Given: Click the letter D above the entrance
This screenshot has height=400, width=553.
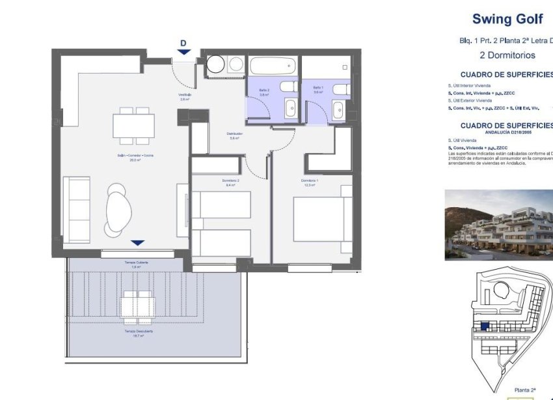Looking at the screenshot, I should [183, 44].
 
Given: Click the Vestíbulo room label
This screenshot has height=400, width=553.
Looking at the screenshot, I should [185, 97].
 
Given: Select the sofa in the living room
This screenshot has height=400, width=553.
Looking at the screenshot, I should [76, 208].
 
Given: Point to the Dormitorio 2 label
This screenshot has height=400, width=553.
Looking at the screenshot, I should [230, 182].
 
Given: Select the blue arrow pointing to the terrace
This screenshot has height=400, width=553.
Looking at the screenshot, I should [137, 243].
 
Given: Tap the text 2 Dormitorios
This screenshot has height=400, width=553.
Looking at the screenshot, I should [507, 55].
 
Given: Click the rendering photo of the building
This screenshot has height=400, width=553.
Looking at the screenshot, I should [498, 225].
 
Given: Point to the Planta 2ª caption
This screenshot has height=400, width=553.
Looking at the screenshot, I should [524, 390].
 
